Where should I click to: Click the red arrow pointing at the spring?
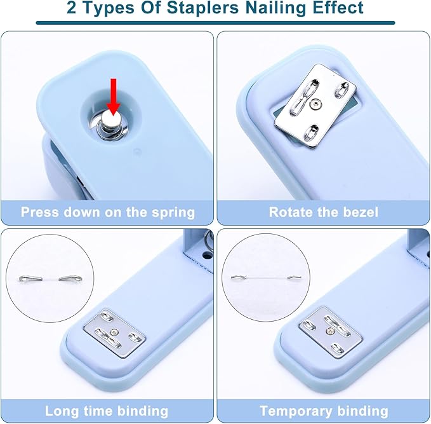(113, 97)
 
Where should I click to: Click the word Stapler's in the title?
(203, 8)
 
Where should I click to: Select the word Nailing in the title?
(275, 8)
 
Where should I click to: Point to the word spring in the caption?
(173, 213)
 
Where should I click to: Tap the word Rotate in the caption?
(291, 212)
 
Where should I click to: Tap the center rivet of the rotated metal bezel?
(316, 104)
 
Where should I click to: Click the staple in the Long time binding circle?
(51, 278)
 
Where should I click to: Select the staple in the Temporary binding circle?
(267, 278)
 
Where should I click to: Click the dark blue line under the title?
(216, 23)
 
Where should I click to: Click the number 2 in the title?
(72, 8)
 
